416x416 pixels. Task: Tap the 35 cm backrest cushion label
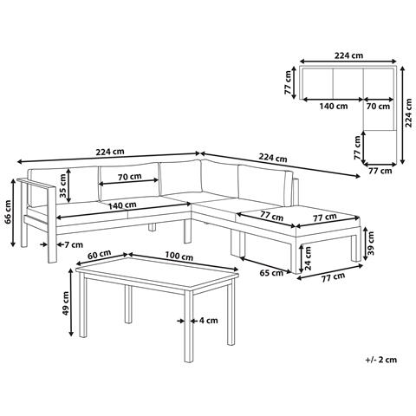tap(62, 185)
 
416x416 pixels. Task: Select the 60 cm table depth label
tap(100, 254)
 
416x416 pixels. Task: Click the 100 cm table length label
tap(179, 256)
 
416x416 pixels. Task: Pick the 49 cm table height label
tap(65, 302)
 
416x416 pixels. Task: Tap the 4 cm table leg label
tap(208, 321)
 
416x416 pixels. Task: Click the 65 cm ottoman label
tap(271, 272)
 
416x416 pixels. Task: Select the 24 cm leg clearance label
tap(308, 258)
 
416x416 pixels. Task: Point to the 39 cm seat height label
tap(371, 244)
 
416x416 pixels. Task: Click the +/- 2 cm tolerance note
tap(380, 360)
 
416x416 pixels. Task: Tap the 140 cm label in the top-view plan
tap(334, 106)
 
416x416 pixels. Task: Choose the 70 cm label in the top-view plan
tap(378, 106)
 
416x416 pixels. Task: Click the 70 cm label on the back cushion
tap(130, 176)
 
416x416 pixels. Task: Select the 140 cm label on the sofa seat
tap(122, 205)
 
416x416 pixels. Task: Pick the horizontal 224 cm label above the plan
tap(348, 55)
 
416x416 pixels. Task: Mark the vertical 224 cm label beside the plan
tap(408, 113)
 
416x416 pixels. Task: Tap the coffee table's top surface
tap(158, 271)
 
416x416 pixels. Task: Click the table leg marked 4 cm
tap(188, 326)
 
